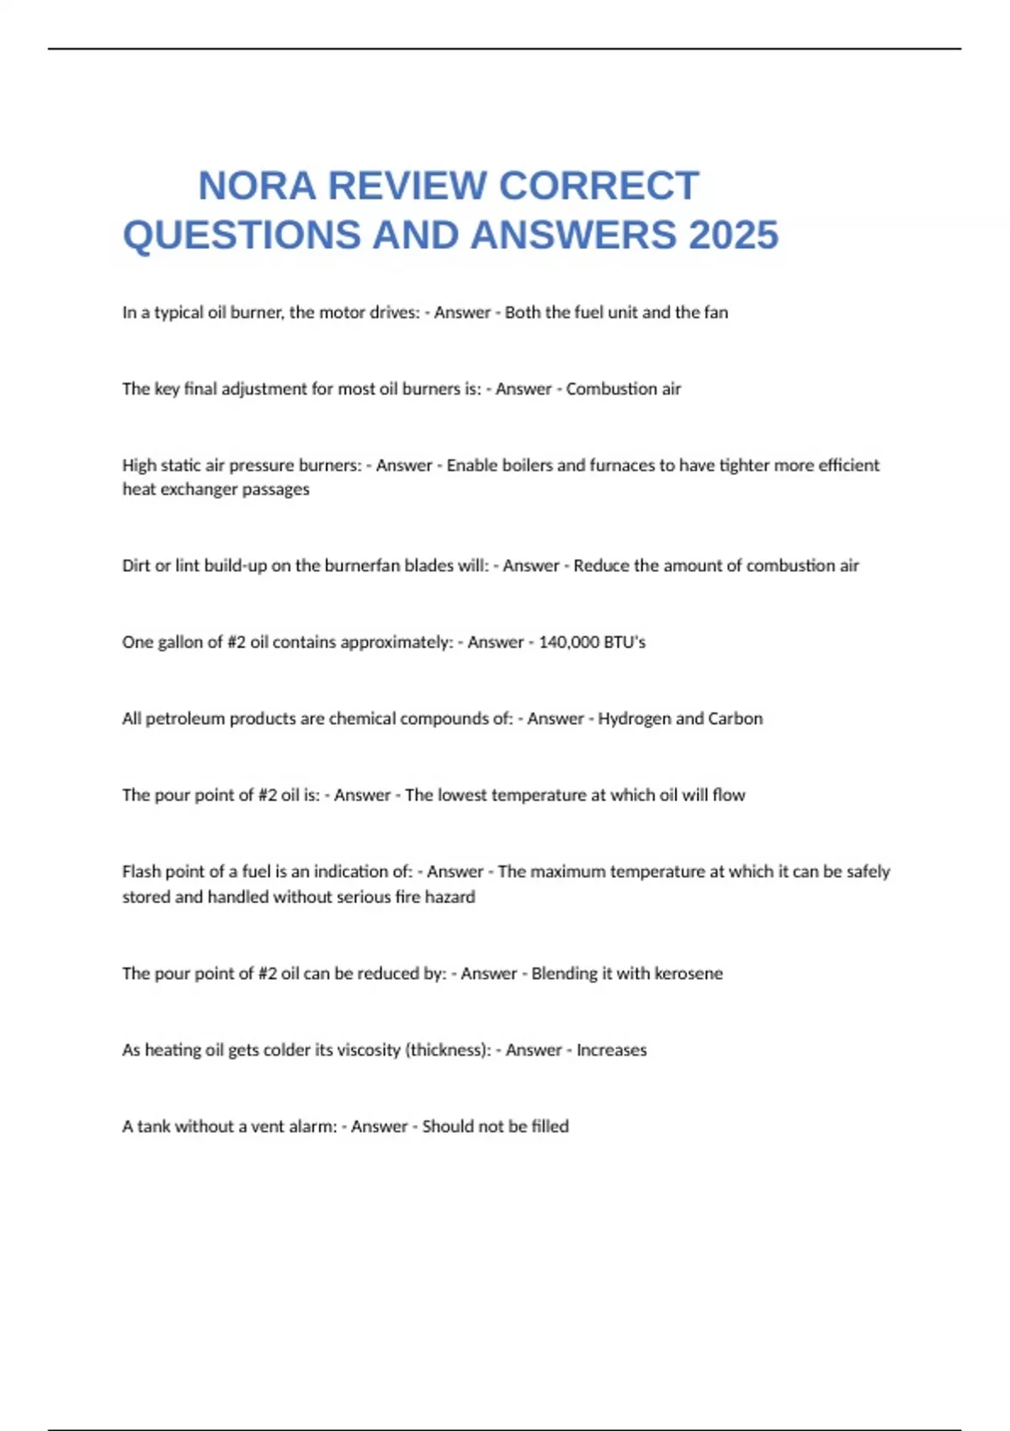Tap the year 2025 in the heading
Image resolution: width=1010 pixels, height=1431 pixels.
(x=733, y=235)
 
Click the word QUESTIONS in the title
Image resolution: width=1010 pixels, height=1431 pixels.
(x=242, y=235)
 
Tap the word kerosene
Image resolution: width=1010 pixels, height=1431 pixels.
(x=688, y=974)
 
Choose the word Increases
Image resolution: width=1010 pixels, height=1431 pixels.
(x=611, y=1051)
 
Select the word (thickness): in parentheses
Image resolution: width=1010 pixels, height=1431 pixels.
(x=448, y=1051)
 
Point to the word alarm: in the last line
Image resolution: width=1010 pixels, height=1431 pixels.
(x=313, y=1127)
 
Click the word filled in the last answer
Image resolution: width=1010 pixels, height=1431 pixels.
(x=550, y=1127)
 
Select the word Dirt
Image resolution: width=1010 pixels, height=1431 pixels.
(x=136, y=566)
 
